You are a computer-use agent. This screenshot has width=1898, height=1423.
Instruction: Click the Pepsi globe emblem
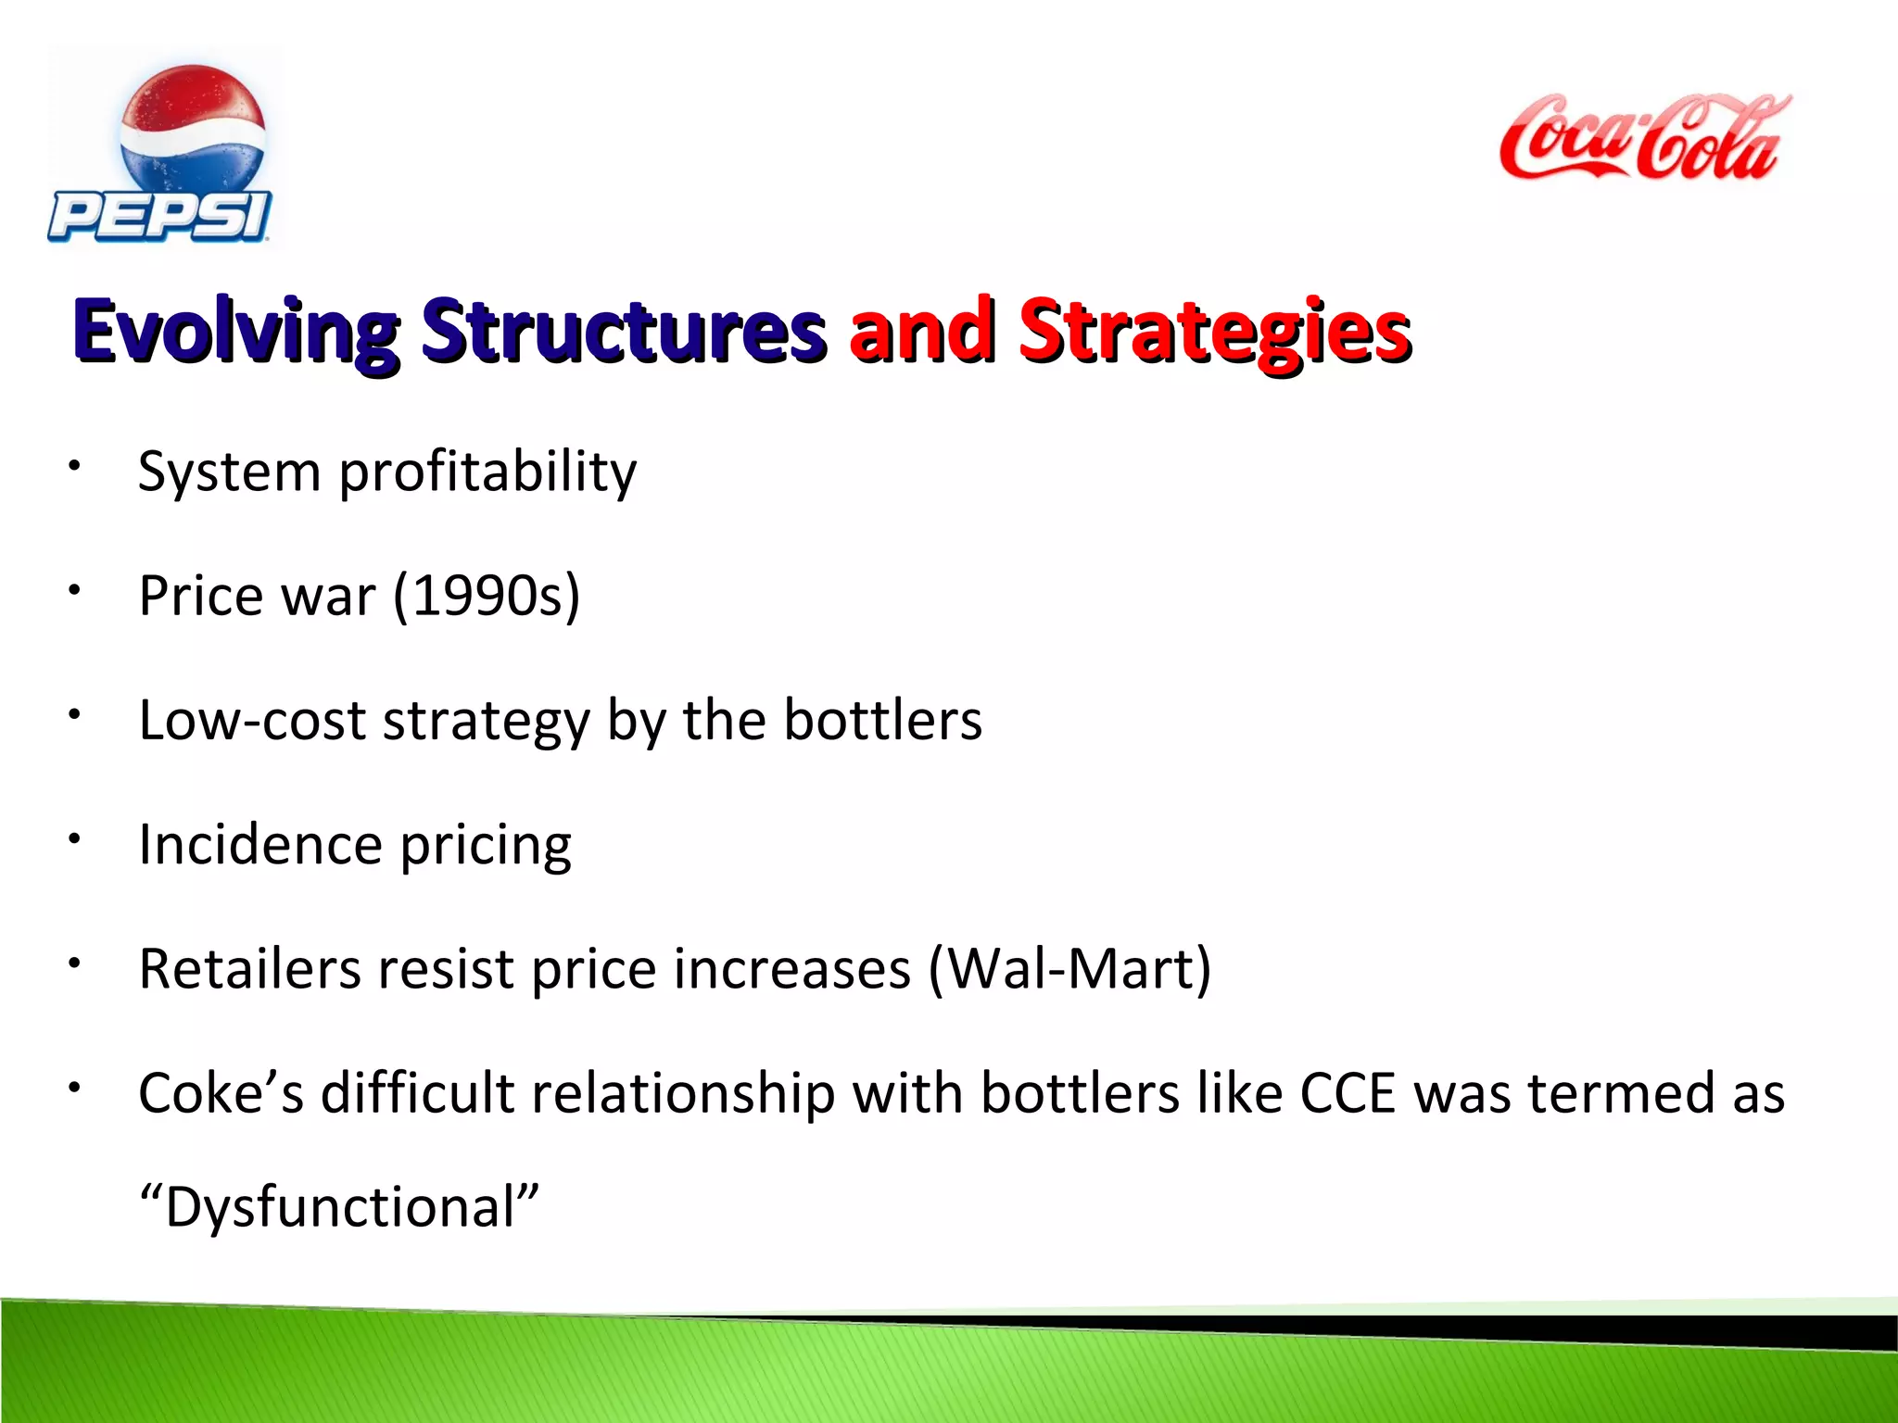tap(193, 130)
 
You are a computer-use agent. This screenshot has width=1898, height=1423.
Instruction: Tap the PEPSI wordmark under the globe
tap(159, 217)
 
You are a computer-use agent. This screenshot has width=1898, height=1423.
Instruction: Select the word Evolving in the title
tap(236, 332)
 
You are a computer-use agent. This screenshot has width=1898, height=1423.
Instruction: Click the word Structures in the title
tap(623, 332)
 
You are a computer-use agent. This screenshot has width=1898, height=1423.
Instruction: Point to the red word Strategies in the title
tap(1214, 332)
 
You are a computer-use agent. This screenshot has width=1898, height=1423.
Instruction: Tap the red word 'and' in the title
tap(922, 332)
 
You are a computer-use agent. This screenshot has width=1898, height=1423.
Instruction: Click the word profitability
tap(487, 473)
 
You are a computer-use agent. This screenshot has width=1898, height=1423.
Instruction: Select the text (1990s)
tap(487, 596)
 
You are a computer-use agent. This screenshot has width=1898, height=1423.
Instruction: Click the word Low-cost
tap(252, 720)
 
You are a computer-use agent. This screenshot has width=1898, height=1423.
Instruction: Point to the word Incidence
tap(259, 845)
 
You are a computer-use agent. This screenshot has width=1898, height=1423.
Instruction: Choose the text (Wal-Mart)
tap(1069, 970)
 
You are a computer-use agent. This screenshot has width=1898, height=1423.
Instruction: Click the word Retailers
tap(248, 970)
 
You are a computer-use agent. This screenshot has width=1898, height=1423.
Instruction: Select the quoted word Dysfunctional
tap(338, 1208)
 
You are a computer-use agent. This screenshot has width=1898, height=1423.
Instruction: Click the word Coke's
tap(221, 1094)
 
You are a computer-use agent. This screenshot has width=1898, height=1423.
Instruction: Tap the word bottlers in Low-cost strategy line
tap(882, 720)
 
